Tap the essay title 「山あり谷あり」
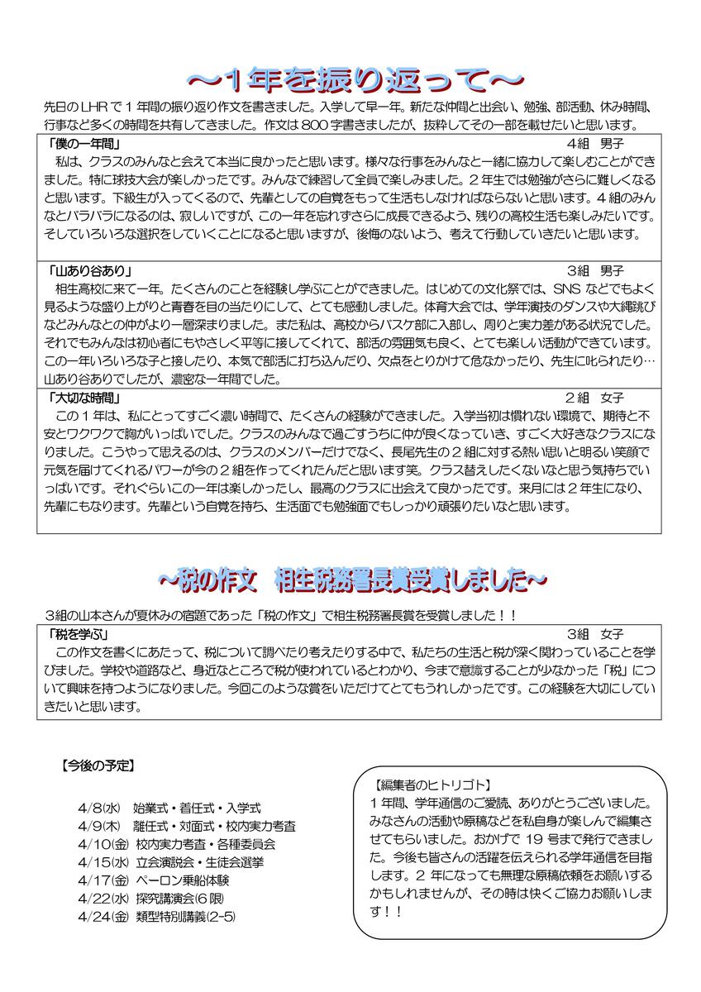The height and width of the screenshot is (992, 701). pyautogui.click(x=91, y=271)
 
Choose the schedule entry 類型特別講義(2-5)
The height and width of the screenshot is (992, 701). pyautogui.click(x=184, y=917)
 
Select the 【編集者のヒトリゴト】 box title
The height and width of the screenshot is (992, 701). pyautogui.click(x=432, y=785)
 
